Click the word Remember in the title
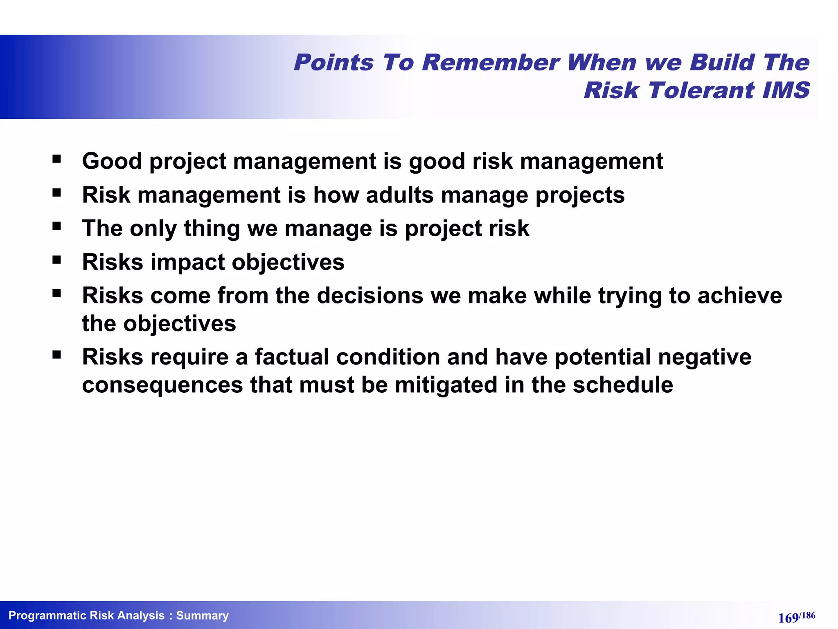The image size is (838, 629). click(490, 63)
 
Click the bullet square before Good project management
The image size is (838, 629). click(56, 159)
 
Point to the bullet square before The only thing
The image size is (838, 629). click(56, 226)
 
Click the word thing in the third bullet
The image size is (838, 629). click(212, 229)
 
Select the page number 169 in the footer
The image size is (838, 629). click(788, 618)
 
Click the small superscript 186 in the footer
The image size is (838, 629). click(808, 615)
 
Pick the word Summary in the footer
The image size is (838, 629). click(202, 615)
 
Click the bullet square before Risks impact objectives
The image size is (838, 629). click(56, 260)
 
